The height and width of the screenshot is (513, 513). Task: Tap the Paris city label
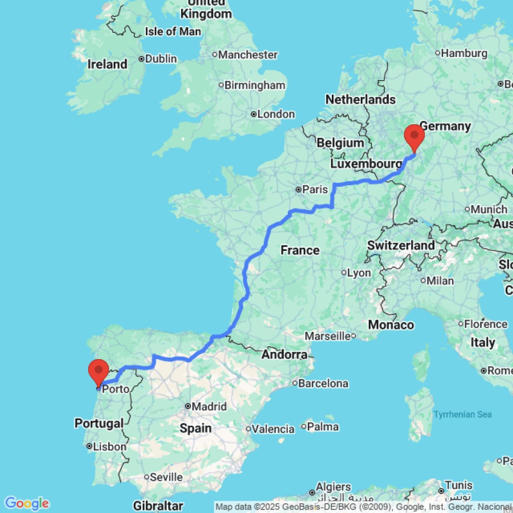(x=314, y=189)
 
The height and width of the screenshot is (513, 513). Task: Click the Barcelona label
(x=324, y=383)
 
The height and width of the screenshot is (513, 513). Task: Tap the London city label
(x=275, y=114)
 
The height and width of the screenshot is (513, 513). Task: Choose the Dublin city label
(x=161, y=58)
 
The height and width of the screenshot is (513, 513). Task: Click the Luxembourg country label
(x=366, y=164)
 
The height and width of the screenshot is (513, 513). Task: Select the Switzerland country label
(x=401, y=245)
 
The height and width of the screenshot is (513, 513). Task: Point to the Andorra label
(x=284, y=354)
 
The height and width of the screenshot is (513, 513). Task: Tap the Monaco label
(x=391, y=325)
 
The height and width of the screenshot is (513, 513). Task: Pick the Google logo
(x=27, y=503)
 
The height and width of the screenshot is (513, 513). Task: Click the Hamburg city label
(x=464, y=53)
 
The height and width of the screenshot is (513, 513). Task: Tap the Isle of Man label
(x=173, y=31)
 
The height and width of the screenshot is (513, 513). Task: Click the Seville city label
(x=166, y=477)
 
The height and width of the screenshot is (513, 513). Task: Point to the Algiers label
(x=333, y=487)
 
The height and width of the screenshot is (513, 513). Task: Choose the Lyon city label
(x=359, y=273)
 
